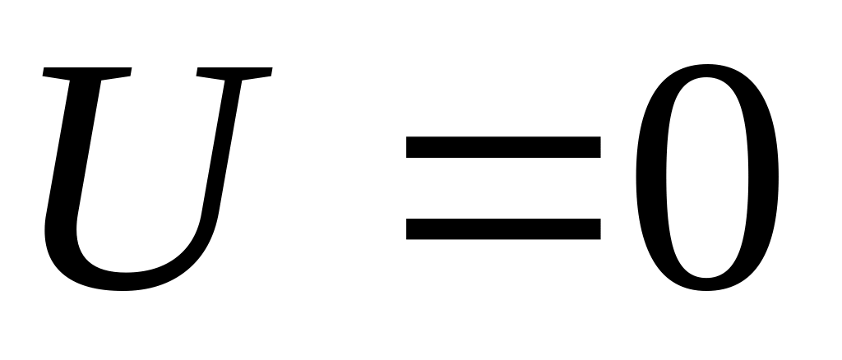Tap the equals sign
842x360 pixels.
point(503,188)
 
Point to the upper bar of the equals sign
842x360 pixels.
point(503,147)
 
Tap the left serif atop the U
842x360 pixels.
point(86,73)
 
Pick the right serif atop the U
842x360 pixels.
point(234,73)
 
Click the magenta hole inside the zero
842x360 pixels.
point(707,177)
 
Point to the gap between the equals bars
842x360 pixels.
point(503,188)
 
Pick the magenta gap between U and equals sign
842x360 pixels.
point(329,188)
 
